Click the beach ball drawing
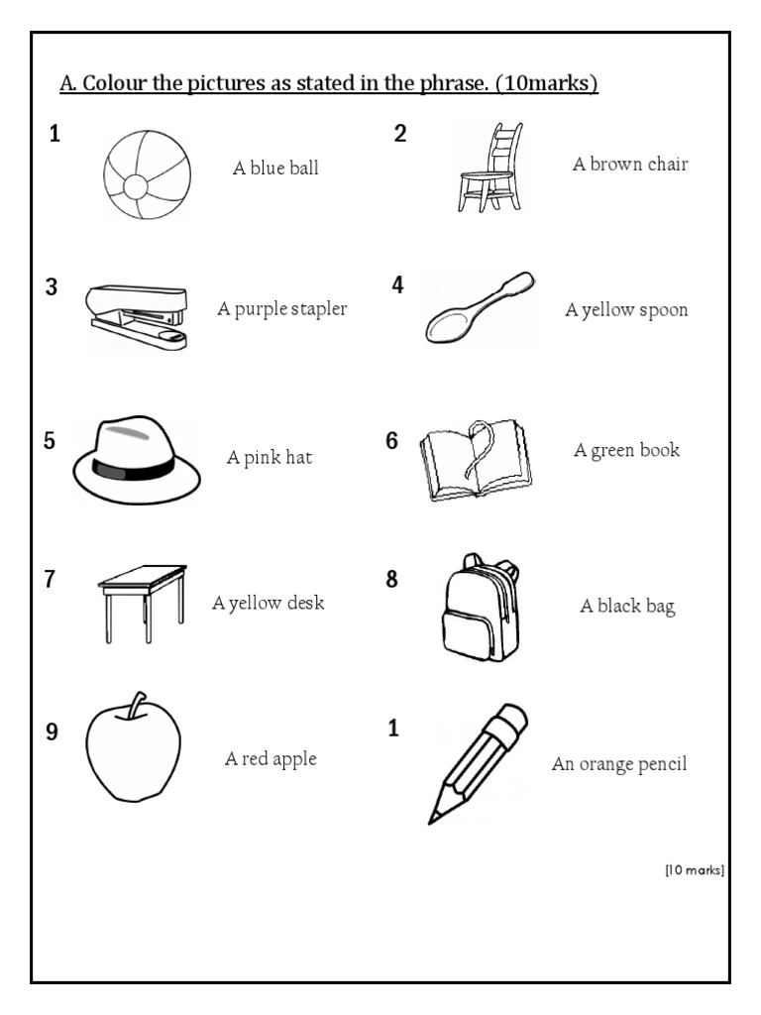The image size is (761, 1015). (x=148, y=174)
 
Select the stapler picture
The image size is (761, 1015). (x=137, y=316)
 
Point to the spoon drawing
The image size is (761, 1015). (x=480, y=307)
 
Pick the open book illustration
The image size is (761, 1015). (x=477, y=459)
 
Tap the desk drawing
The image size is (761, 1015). (x=143, y=604)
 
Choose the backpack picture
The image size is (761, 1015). (x=481, y=608)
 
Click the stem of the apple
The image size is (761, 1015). (x=137, y=705)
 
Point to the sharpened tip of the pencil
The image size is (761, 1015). (x=431, y=821)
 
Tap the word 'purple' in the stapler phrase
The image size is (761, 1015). (x=259, y=309)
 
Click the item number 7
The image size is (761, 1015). (x=50, y=579)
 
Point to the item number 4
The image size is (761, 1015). (x=397, y=284)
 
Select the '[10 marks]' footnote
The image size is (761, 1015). (x=695, y=870)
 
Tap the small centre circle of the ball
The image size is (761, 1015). (x=135, y=187)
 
